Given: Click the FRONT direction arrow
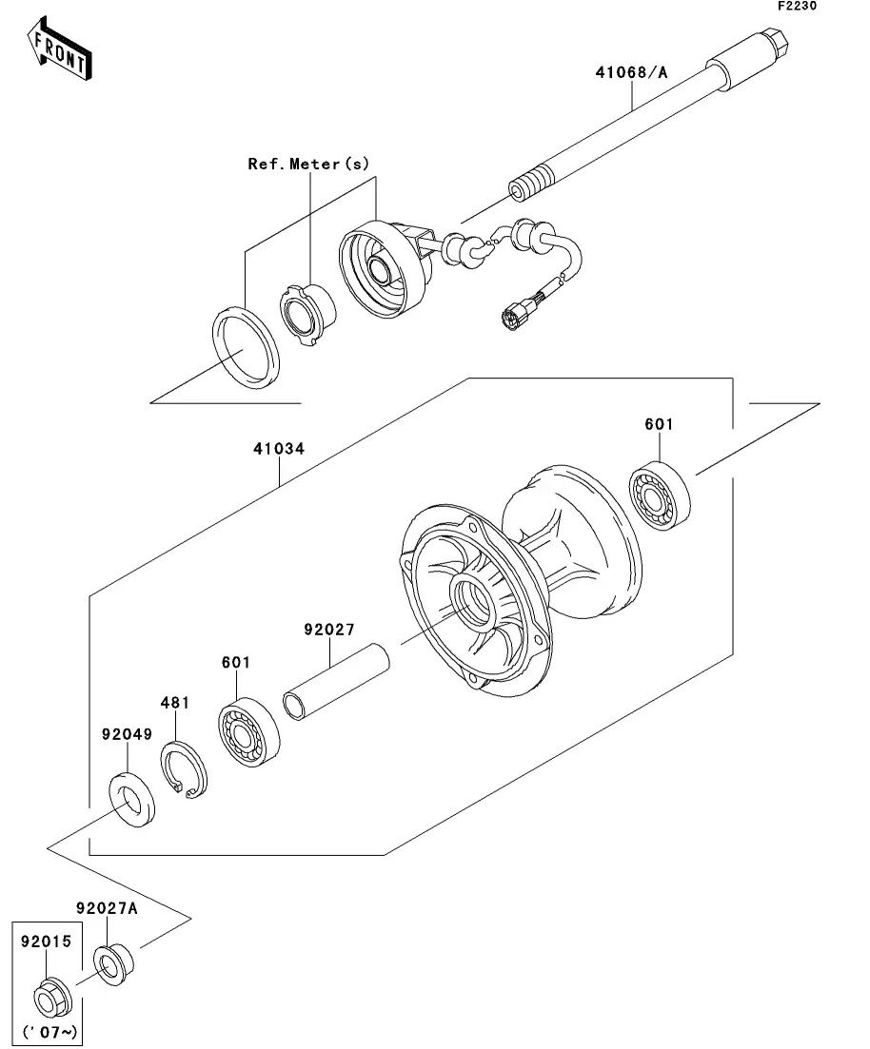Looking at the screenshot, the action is click(x=60, y=49).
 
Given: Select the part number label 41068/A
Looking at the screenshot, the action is click(x=632, y=72).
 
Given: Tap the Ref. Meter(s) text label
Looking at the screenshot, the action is click(x=308, y=164).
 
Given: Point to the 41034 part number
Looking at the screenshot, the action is click(x=279, y=448).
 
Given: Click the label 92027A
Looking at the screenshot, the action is click(x=107, y=908).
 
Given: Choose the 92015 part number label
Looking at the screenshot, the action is click(x=46, y=942).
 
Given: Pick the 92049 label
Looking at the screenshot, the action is click(x=128, y=734).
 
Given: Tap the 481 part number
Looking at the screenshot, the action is click(x=175, y=703).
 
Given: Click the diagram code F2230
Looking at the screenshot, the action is click(x=797, y=6).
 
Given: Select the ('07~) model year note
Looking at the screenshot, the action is click(x=50, y=1032).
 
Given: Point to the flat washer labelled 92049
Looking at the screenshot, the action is click(x=132, y=799).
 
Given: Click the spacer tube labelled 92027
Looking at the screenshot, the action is click(x=336, y=681).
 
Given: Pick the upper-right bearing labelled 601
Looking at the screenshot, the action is click(x=660, y=495).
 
